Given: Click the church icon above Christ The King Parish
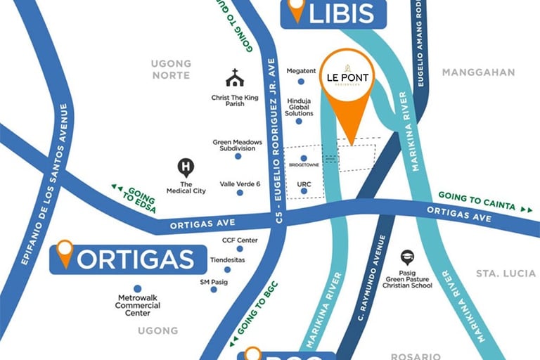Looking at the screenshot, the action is [235, 78].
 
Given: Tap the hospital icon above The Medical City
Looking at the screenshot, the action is [186, 167].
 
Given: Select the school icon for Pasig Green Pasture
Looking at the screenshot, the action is [407, 258].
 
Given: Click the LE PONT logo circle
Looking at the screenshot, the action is [347, 75].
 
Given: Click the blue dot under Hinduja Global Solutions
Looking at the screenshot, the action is [299, 121].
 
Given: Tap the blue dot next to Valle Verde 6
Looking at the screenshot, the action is [240, 192].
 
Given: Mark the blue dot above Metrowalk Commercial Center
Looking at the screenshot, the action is [137, 288].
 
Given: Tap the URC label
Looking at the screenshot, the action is [304, 184].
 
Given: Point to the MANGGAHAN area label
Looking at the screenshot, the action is [478, 72].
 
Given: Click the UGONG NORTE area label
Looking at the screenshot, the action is [171, 70].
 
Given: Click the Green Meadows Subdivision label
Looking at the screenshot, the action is [238, 146].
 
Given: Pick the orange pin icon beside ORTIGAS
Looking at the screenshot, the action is [65, 253].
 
